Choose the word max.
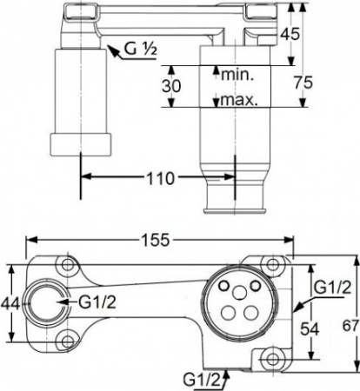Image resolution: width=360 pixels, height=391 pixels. pyautogui.click(x=237, y=99)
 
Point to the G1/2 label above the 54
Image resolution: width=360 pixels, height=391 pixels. pyautogui.click(x=331, y=288)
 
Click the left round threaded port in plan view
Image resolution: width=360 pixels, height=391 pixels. pyautogui.click(x=43, y=303)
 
